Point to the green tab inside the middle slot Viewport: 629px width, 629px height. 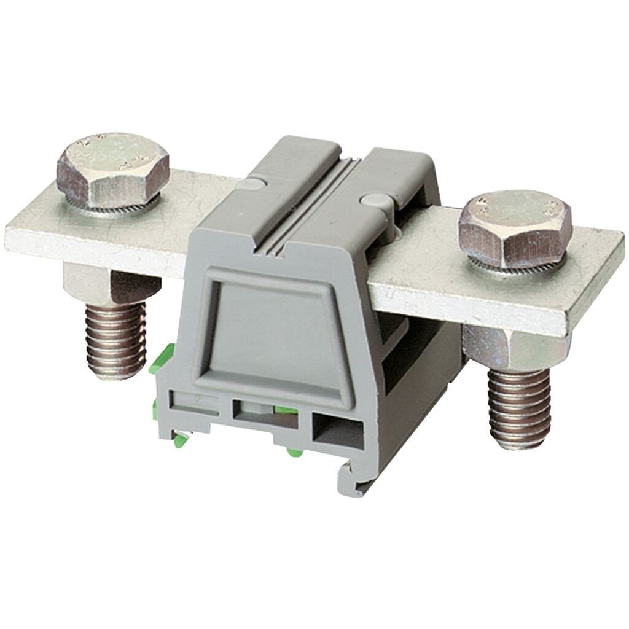point(283,410)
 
